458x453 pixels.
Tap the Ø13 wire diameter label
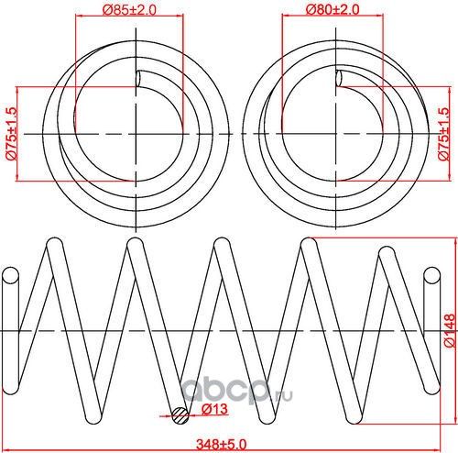pyautogui.click(x=213, y=408)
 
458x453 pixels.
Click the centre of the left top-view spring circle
pyautogui.click(x=137, y=134)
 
